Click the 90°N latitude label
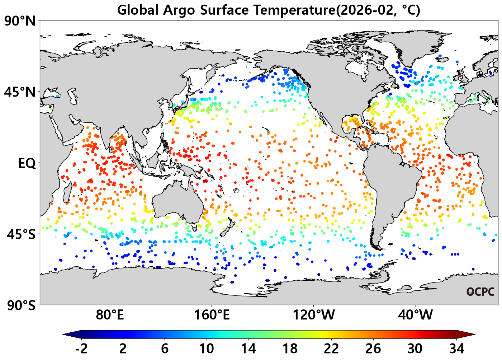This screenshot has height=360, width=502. [20, 22]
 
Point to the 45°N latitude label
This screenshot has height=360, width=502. [20, 92]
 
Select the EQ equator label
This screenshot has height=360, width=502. [27, 163]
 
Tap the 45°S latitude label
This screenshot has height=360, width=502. [22, 234]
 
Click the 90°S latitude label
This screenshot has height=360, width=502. [22, 305]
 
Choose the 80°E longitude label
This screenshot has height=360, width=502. [110, 315]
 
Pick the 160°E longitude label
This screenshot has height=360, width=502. [212, 315]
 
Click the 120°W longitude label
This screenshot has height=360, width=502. [314, 315]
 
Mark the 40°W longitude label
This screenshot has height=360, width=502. [416, 315]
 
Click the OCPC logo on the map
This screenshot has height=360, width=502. [480, 292]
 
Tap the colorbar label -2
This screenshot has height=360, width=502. [81, 349]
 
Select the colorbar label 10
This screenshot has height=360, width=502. [207, 349]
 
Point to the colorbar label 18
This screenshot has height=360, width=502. [290, 349]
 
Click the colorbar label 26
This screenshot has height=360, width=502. [373, 349]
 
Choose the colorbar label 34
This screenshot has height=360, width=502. [457, 349]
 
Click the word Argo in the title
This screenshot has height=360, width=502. [179, 10]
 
